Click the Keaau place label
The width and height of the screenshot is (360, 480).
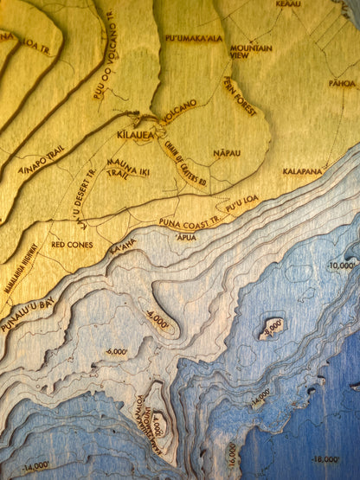pos(288,4)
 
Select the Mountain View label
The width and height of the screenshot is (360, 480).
pos(251,51)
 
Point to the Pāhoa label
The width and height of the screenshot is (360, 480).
pos(342,84)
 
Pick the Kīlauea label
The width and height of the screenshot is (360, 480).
pos(135,136)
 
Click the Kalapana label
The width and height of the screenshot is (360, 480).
pos(302,171)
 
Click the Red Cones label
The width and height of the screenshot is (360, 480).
pos(72,245)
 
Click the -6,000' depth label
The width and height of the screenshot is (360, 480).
pos(115,352)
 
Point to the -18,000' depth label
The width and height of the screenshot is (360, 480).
pos(326,459)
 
